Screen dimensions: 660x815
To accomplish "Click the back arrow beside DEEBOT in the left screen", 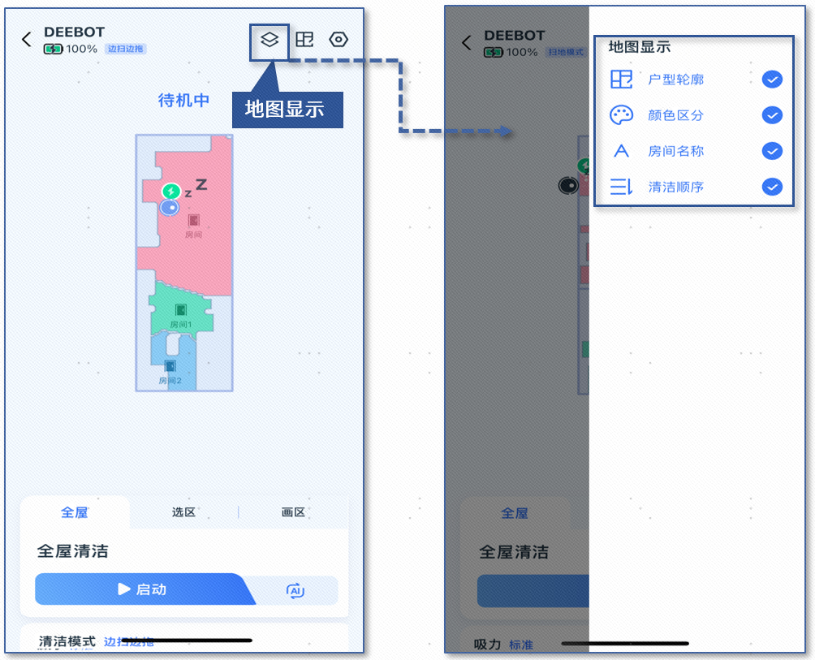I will click(x=27, y=40).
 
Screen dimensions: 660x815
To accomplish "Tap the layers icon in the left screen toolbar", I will click(x=270, y=39).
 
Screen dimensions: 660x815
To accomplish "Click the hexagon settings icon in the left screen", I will click(x=339, y=39).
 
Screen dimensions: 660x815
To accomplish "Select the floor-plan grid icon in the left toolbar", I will click(x=304, y=39).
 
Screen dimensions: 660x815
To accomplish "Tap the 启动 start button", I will click(x=142, y=589).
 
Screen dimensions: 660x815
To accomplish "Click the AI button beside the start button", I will click(x=295, y=591).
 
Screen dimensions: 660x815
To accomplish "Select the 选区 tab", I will click(x=184, y=513).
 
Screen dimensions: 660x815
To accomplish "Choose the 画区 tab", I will click(x=293, y=513).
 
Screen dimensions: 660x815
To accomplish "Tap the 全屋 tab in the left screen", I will click(x=75, y=513).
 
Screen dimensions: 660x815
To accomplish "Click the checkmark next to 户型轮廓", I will click(x=772, y=79).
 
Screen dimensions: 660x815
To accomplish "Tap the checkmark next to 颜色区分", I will click(x=772, y=115).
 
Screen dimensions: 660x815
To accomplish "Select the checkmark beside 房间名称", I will click(x=772, y=151).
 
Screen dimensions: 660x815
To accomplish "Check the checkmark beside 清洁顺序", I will click(x=772, y=187).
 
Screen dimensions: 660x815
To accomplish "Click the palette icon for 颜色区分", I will click(x=621, y=115).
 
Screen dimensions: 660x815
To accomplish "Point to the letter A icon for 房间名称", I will click(x=621, y=151).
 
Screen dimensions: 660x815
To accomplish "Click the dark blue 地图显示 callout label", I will click(x=286, y=109).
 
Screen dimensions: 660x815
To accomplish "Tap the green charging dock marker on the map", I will click(x=170, y=192).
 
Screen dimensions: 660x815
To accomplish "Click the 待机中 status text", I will click(x=184, y=101).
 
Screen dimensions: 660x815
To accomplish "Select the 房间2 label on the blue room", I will click(x=170, y=380).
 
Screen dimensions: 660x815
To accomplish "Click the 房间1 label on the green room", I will click(x=181, y=324).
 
